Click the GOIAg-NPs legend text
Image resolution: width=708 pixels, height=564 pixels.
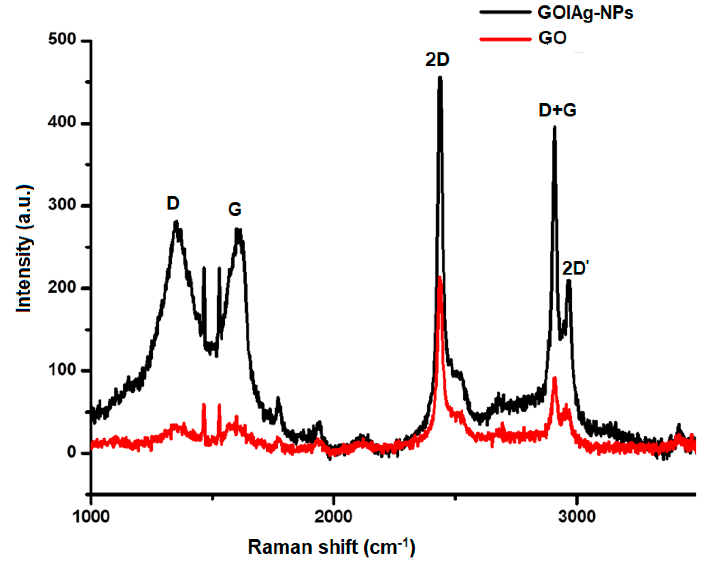pyautogui.click(x=585, y=13)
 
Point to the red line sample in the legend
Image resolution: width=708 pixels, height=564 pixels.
pyautogui.click(x=505, y=39)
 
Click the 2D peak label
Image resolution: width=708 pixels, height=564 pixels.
pyautogui.click(x=437, y=60)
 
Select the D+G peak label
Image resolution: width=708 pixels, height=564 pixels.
pyautogui.click(x=558, y=110)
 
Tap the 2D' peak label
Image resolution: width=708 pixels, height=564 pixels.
pyautogui.click(x=574, y=268)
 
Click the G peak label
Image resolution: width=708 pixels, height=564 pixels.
pyautogui.click(x=235, y=209)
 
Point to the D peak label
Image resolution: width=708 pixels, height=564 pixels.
pyautogui.click(x=173, y=203)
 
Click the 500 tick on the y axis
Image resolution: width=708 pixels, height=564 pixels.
pyautogui.click(x=62, y=40)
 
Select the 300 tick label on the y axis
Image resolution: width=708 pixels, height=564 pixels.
pyautogui.click(x=62, y=205)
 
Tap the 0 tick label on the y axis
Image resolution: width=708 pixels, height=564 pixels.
pyautogui.click(x=71, y=452)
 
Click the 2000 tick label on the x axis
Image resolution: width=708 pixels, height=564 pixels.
pyautogui.click(x=334, y=517)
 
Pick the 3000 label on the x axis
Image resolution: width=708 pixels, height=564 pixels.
pyautogui.click(x=577, y=517)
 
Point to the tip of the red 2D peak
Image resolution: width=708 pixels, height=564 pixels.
pyautogui.click(x=439, y=278)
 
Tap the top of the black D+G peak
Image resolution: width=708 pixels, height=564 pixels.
pyautogui.click(x=555, y=127)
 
